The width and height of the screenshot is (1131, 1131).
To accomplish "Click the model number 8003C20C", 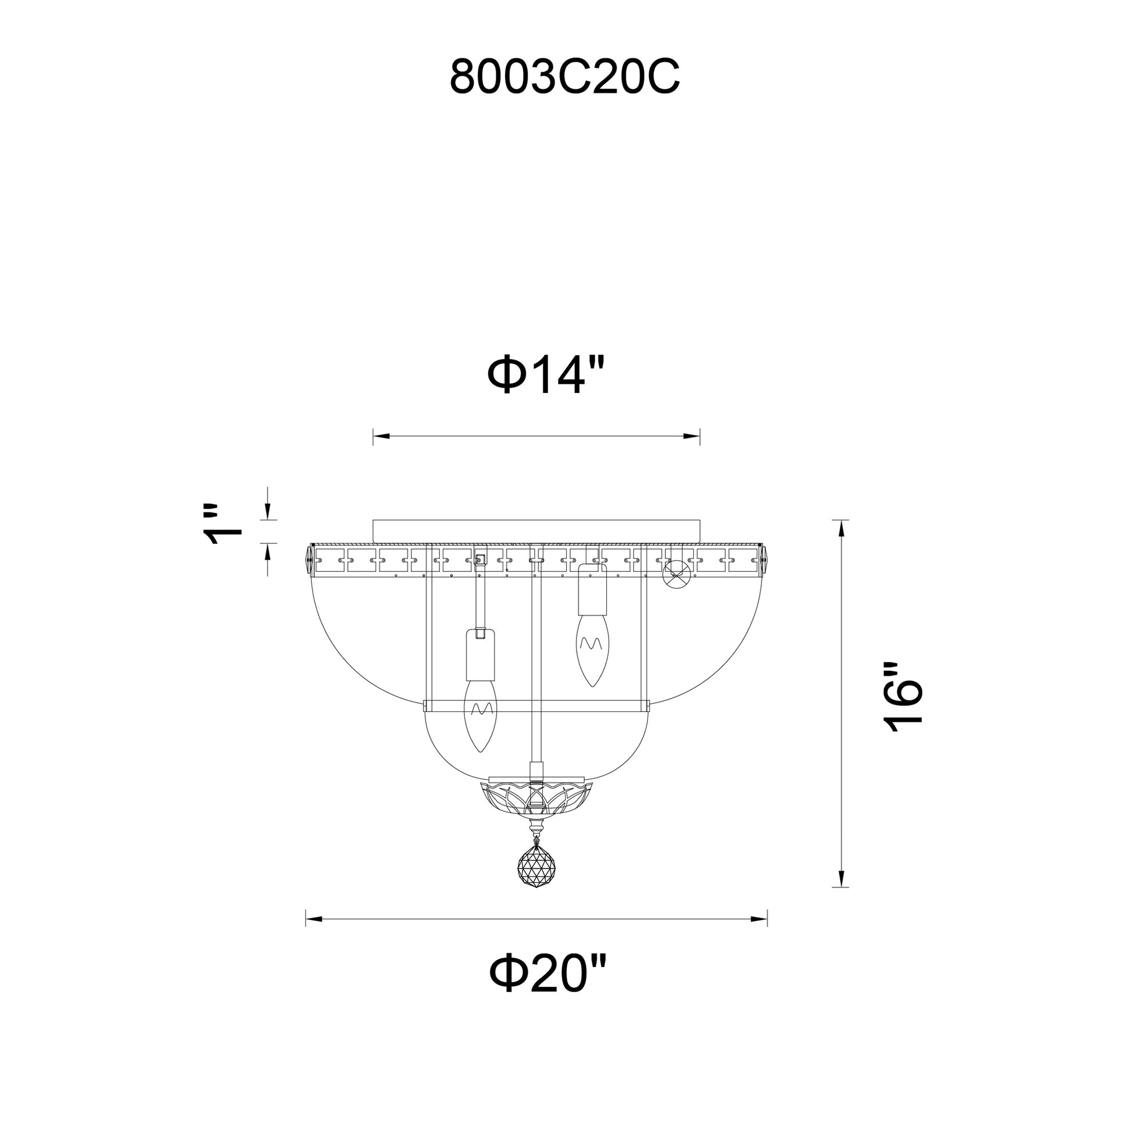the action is click(x=565, y=76).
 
